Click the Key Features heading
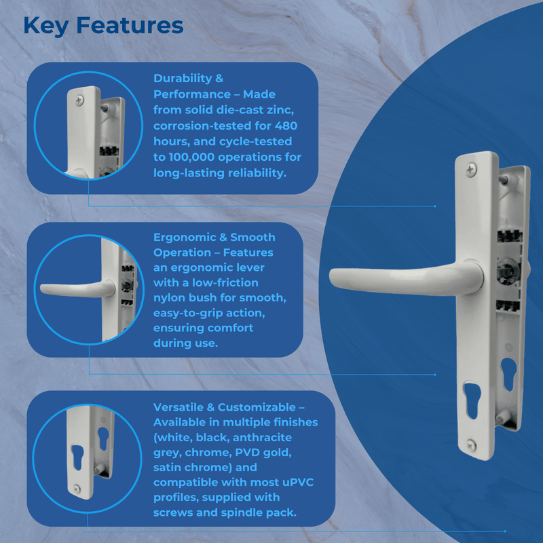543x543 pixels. point(103,25)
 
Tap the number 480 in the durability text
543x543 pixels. point(282,126)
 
